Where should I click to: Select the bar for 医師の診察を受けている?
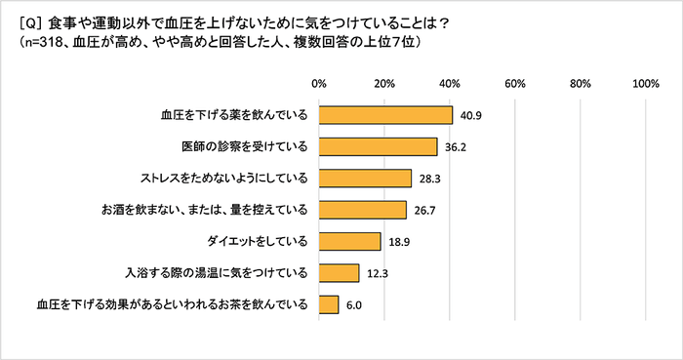pyautogui.click(x=378, y=146)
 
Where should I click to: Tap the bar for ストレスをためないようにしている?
pyautogui.click(x=365, y=178)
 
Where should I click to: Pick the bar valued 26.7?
pyautogui.click(x=362, y=210)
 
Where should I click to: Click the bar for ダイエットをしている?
pyautogui.click(x=349, y=241)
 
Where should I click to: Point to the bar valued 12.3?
pyautogui.click(x=339, y=272)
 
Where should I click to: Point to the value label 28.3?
pyautogui.click(x=430, y=179)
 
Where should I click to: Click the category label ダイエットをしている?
pyautogui.click(x=261, y=241)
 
